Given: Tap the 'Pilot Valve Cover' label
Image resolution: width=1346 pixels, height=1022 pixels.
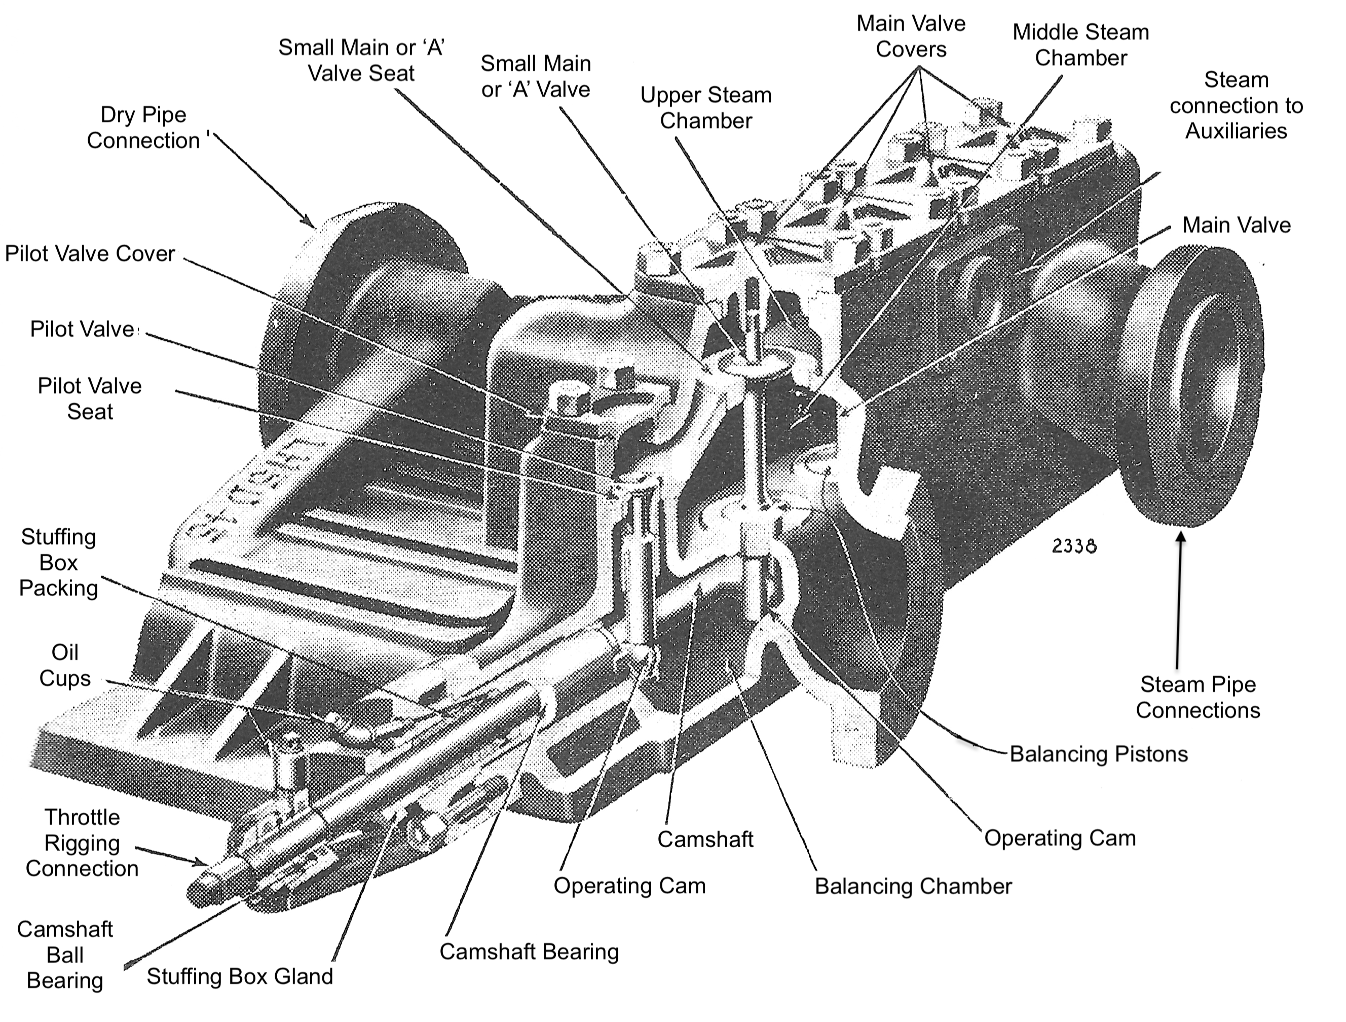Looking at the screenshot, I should [90, 254].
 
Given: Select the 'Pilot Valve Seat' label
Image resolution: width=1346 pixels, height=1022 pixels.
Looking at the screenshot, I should [90, 398].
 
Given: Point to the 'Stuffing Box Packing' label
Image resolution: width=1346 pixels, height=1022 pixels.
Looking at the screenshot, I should [58, 562].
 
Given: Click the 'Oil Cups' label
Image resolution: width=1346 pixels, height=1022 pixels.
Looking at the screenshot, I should [64, 665].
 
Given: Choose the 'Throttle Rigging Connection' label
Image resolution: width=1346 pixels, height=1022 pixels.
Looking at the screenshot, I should [82, 843].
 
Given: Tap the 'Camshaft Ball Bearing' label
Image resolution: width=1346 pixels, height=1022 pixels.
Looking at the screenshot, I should [64, 955].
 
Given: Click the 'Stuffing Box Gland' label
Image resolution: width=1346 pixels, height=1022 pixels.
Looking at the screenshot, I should [240, 976].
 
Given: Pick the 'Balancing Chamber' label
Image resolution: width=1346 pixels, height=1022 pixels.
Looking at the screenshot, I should [913, 886].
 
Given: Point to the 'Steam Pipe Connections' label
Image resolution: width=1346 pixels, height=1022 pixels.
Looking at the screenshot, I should [1198, 697].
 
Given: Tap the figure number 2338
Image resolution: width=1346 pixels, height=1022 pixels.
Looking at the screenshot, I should [1074, 546].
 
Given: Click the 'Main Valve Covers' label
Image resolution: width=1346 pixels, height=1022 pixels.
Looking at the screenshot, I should [911, 36].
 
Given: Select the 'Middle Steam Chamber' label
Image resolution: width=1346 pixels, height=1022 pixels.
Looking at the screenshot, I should [1080, 45].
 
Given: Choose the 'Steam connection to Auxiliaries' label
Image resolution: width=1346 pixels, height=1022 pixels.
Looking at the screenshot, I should [1236, 105].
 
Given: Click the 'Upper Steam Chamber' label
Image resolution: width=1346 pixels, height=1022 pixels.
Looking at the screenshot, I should [706, 108].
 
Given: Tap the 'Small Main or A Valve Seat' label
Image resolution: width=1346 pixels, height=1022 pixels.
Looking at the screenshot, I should [361, 60].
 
